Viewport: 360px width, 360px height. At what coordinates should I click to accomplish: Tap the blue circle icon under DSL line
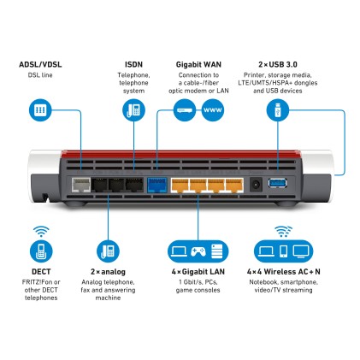pyautogui.click(x=38, y=110)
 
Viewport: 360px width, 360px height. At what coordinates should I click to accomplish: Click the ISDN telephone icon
pyautogui.click(x=133, y=110)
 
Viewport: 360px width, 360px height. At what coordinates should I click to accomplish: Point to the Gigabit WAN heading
pyautogui.click(x=193, y=64)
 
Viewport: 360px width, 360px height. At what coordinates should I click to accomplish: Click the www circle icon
pyautogui.click(x=212, y=110)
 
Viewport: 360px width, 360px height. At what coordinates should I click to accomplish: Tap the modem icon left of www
pyautogui.click(x=184, y=110)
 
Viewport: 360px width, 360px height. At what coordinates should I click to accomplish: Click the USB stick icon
pyautogui.click(x=274, y=110)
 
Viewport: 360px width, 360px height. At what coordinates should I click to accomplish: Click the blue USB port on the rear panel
pyautogui.click(x=278, y=183)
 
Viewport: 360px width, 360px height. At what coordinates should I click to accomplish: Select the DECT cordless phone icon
pyautogui.click(x=39, y=251)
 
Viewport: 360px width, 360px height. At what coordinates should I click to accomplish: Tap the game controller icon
pyautogui.click(x=198, y=251)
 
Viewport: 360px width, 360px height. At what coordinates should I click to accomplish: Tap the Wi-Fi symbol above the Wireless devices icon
pyautogui.click(x=281, y=231)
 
